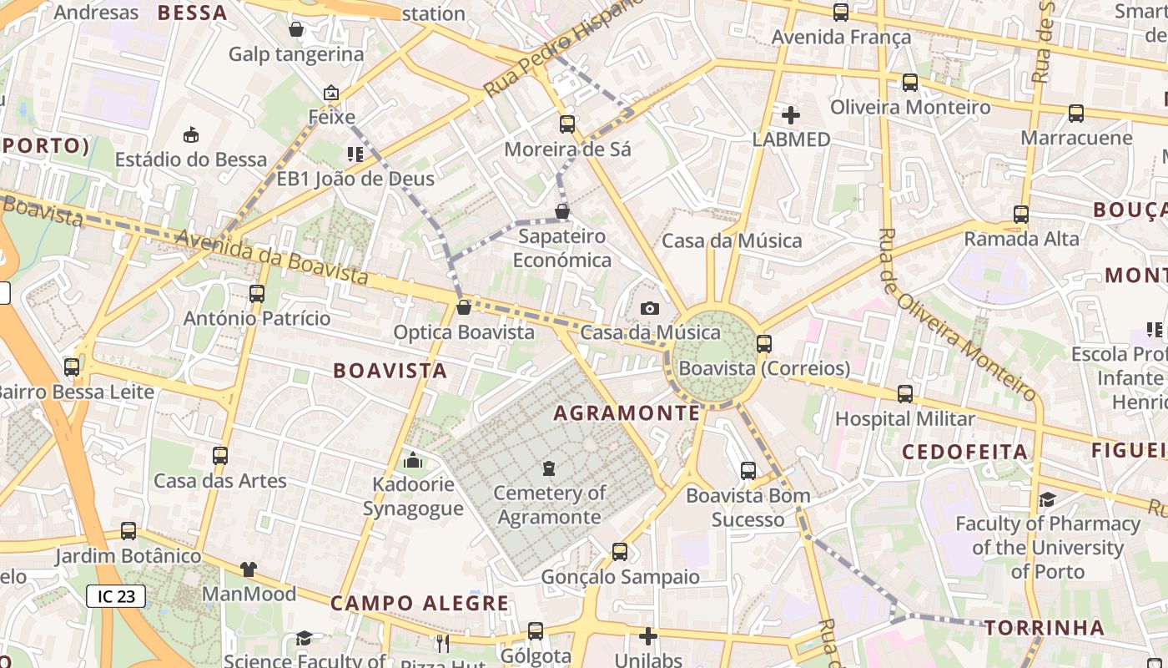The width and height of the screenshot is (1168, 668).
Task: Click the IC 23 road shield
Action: tap(116, 596)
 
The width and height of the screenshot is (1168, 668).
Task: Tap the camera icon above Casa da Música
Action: tap(650, 309)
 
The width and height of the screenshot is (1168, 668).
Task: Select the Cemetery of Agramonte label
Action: tap(549, 504)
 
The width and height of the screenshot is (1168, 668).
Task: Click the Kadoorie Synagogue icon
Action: tap(413, 461)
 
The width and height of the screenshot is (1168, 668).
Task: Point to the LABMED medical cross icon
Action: tap(790, 115)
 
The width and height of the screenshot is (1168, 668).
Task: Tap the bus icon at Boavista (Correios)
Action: tap(764, 343)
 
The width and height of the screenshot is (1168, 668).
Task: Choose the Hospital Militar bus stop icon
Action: tap(905, 394)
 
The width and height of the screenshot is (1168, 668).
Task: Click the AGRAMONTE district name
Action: tap(627, 413)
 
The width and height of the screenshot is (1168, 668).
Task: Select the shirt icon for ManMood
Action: tap(249, 569)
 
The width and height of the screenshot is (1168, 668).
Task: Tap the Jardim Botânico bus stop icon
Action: tap(128, 531)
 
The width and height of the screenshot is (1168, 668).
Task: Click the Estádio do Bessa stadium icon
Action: tap(191, 134)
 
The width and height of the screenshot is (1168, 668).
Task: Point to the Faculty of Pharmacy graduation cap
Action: tap(1047, 499)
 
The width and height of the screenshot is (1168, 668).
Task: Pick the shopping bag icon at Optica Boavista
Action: tap(464, 308)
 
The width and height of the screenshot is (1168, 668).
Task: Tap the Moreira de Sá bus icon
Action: tap(567, 124)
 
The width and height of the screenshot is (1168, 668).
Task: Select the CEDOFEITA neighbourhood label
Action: tap(965, 452)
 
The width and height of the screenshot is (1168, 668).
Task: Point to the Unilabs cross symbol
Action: tap(648, 636)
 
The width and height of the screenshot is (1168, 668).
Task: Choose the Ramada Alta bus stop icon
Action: tap(1021, 215)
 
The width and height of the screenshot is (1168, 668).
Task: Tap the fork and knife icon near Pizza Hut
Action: tap(443, 643)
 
